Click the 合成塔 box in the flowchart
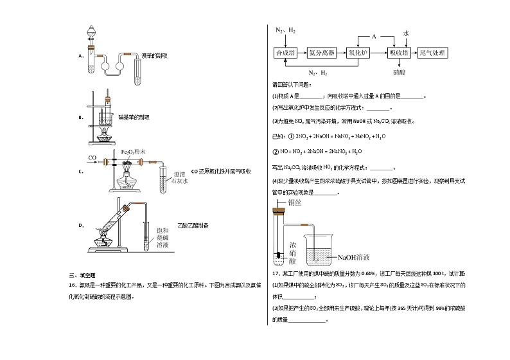pos(285,53)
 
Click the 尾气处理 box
pos(432,53)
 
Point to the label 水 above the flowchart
pos(406,33)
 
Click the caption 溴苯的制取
pos(154,57)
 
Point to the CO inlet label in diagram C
pos(92,157)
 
